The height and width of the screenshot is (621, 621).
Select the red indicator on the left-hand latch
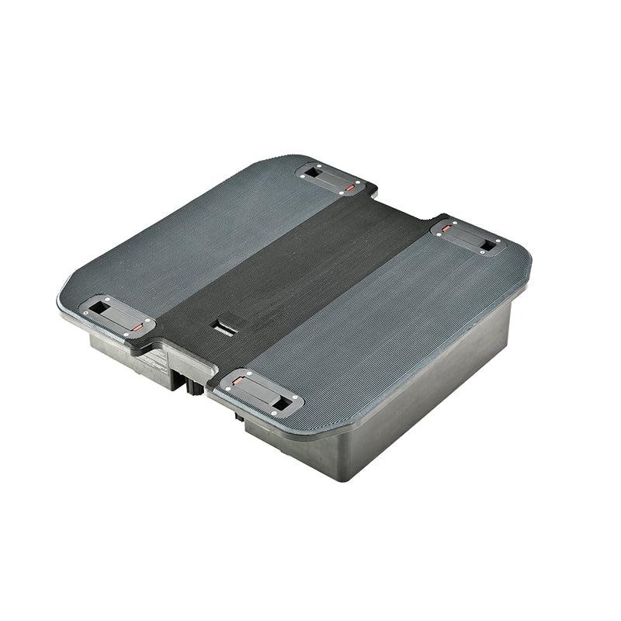pyautogui.click(x=136, y=328)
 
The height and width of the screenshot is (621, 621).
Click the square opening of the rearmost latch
pyautogui.click(x=313, y=172)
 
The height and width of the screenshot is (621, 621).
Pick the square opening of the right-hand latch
pyautogui.click(x=487, y=245)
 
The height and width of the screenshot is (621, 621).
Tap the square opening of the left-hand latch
pyautogui.click(x=99, y=307)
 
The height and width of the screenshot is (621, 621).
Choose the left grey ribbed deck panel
pyautogui.click(x=194, y=233)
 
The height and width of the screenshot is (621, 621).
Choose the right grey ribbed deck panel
pyautogui.click(x=388, y=326)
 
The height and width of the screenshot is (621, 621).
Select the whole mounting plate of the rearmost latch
pyautogui.click(x=331, y=179)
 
